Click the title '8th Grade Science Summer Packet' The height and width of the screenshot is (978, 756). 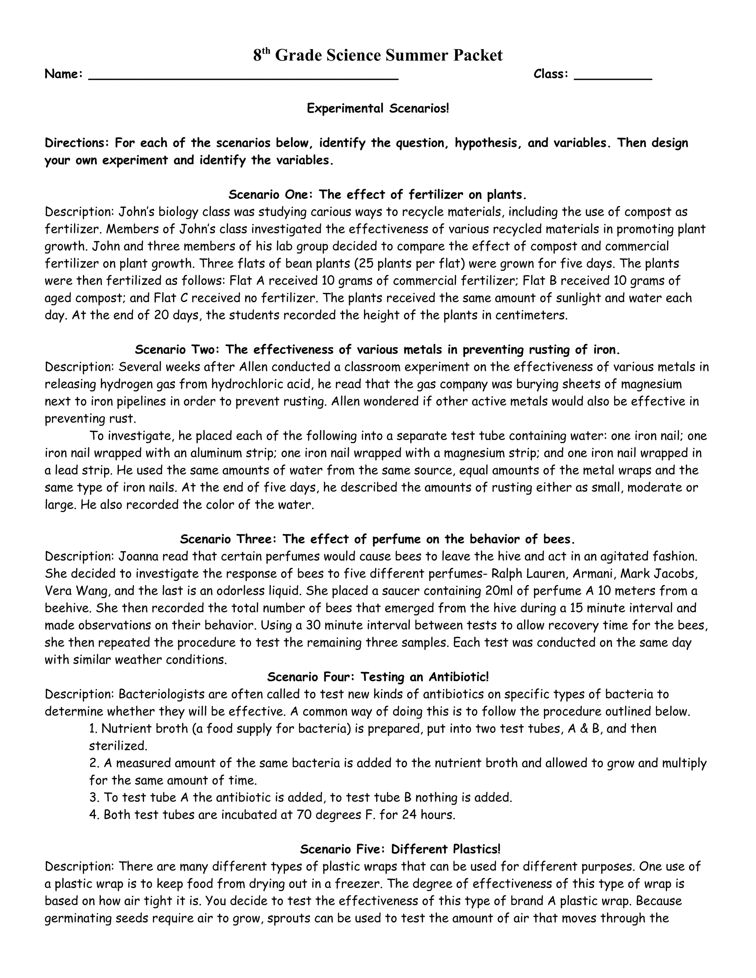point(378,55)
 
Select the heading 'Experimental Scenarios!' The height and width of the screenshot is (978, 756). point(378,109)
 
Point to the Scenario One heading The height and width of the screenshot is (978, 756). point(378,194)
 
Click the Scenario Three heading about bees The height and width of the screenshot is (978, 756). point(378,539)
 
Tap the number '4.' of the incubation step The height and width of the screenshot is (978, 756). point(94,815)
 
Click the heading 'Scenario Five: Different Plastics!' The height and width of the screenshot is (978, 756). point(400,849)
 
